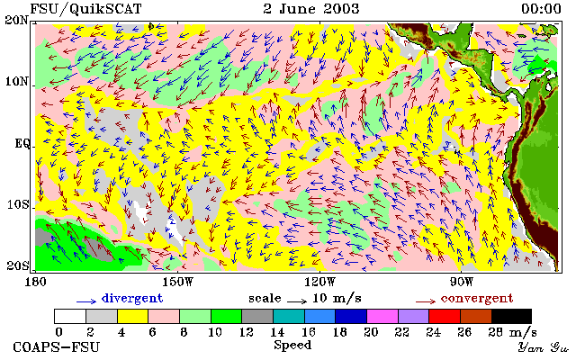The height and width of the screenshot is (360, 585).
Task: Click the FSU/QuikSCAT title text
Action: coord(85,9)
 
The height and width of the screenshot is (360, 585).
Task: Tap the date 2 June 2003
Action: coord(311,9)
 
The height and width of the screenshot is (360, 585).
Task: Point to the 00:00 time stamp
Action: coord(541,9)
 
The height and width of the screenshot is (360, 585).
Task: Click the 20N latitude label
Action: coord(16,20)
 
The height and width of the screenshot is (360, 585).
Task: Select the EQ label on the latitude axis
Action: coord(22,143)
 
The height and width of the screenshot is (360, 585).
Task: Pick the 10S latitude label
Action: coord(17,205)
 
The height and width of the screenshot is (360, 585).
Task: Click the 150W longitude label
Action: coord(178,282)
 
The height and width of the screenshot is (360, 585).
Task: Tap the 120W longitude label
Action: coord(319,282)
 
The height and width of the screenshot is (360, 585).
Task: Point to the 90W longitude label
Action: coord(462,282)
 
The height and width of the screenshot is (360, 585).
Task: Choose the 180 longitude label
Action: coord(35,282)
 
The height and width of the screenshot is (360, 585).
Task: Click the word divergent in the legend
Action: coord(132,298)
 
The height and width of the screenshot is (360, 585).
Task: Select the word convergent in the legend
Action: coord(477,298)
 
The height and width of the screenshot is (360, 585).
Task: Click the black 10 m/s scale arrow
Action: coord(297,301)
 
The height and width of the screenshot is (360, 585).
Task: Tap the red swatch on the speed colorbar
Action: coord(445,317)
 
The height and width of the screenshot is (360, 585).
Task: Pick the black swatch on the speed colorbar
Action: coord(511,317)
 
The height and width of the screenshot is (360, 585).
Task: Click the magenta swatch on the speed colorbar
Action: coord(382,317)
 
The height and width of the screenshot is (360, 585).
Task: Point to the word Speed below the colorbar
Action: coord(292,345)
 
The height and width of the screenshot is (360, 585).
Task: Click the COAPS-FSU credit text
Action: coord(57,346)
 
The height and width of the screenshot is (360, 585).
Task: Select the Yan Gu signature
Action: coord(543,347)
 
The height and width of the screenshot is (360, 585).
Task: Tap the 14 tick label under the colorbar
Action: coord(277,331)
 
